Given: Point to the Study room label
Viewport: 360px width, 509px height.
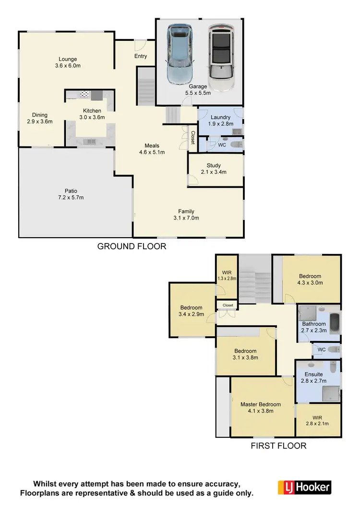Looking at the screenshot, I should click(x=214, y=166).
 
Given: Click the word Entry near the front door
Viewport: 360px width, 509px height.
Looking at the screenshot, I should click(x=141, y=56).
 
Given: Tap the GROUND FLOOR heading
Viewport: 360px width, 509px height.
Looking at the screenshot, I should click(x=132, y=246).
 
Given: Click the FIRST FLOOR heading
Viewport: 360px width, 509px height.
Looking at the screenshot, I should click(x=278, y=446).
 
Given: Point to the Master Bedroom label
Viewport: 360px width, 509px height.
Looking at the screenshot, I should click(x=261, y=404).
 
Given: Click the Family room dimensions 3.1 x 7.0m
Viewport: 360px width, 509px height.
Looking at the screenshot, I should click(x=186, y=218).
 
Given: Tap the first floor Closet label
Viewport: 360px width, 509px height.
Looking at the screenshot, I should click(x=228, y=305).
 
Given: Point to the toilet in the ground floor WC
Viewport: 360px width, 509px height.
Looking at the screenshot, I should click(x=235, y=144).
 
